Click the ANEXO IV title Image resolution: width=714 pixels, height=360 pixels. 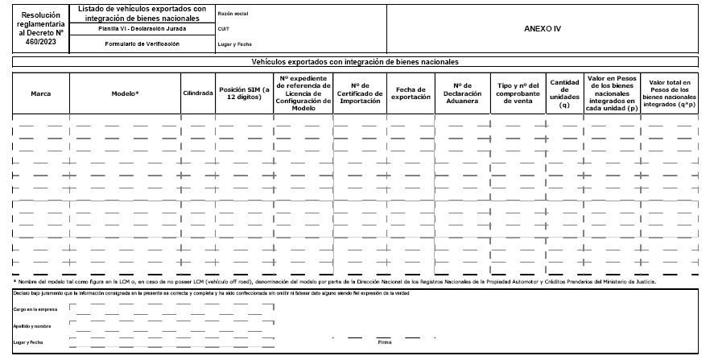click(x=542, y=28)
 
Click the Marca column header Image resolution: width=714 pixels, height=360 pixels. click(x=41, y=93)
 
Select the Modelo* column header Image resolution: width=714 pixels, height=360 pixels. click(x=125, y=93)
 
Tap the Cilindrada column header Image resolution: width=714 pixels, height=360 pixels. click(x=197, y=93)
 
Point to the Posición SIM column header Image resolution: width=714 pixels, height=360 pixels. click(x=244, y=93)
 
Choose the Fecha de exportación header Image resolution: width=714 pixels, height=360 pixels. click(x=410, y=93)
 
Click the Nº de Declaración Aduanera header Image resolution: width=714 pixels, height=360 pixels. click(x=461, y=93)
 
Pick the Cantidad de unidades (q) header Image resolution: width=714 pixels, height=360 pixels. click(x=564, y=93)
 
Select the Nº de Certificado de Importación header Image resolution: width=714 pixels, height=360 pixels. click(x=359, y=93)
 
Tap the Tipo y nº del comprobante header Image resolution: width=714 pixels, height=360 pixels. click(x=517, y=93)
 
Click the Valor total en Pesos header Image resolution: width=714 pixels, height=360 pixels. click(x=670, y=93)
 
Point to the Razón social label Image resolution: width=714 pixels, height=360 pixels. click(x=232, y=14)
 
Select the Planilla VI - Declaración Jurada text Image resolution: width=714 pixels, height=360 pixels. click(x=142, y=29)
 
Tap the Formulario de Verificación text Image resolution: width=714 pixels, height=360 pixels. click(x=142, y=44)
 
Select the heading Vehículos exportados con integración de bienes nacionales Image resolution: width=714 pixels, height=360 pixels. click(x=357, y=61)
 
